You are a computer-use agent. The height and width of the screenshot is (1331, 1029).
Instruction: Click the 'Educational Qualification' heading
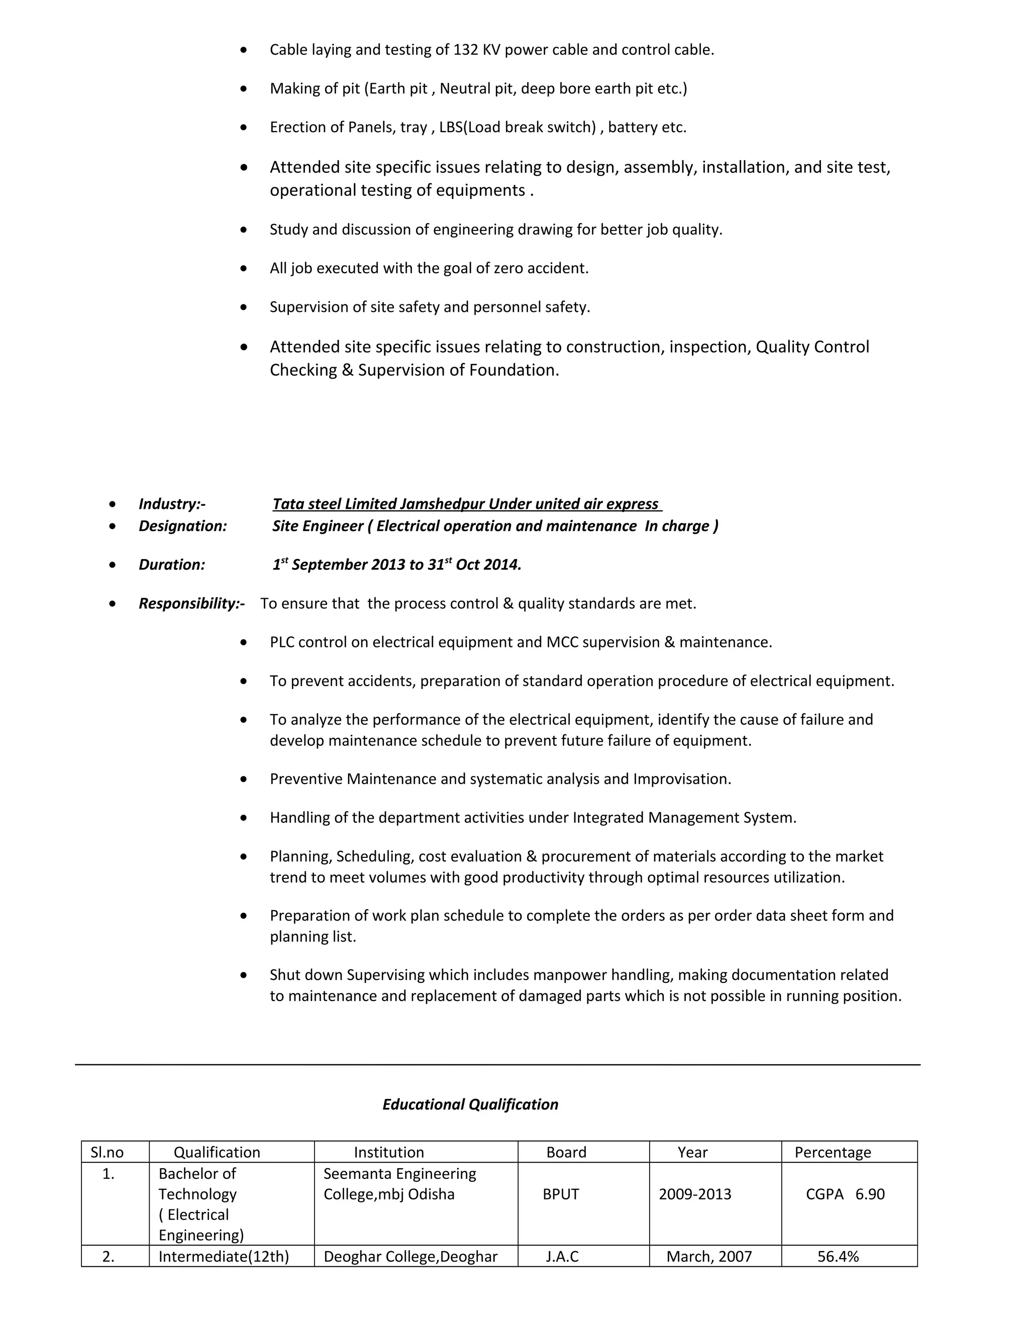tap(470, 1104)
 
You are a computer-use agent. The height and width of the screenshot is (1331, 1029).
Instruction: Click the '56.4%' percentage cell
tap(838, 1256)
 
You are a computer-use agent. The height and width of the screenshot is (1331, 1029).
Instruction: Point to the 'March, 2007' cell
tap(708, 1256)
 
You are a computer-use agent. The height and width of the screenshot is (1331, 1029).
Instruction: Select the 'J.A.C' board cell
tap(562, 1256)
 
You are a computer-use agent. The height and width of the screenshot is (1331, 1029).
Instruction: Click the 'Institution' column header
tap(389, 1152)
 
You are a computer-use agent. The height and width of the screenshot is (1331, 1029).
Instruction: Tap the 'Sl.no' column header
tap(108, 1152)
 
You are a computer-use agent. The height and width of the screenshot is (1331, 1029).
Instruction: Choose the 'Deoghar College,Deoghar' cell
tap(410, 1256)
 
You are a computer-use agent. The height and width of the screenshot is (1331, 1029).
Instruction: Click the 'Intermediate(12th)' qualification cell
tap(224, 1256)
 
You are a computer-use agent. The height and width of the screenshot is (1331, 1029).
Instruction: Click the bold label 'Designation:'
tap(183, 526)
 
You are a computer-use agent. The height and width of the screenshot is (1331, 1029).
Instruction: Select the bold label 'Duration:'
tap(172, 565)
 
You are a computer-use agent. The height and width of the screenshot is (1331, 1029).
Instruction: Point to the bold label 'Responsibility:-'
tap(191, 603)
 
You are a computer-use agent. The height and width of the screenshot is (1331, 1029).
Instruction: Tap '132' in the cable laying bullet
tap(466, 50)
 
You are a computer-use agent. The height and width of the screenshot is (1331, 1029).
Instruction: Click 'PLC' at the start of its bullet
tap(282, 642)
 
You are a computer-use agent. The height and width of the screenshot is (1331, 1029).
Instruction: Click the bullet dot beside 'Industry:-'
tap(112, 504)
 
